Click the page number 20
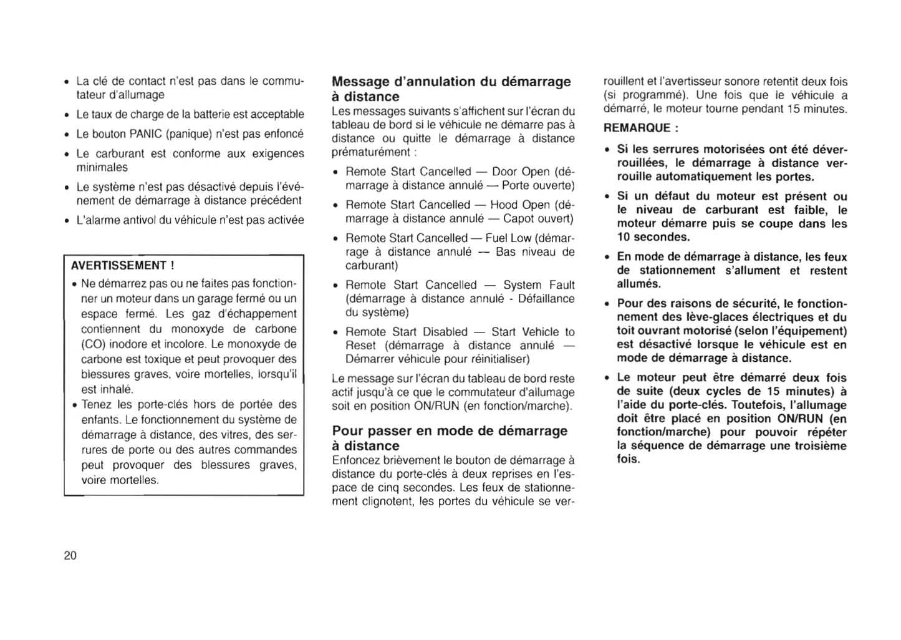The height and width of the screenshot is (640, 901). pos(70,556)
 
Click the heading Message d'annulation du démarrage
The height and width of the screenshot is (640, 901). pos(451,82)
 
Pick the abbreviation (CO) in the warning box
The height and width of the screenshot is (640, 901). pos(93,344)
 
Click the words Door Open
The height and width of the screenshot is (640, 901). pos(521,172)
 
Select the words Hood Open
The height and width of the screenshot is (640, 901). pos(520,205)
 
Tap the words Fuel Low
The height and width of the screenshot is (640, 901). pos(508,238)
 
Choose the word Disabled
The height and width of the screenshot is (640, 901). pos(445,332)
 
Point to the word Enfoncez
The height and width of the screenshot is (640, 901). pos(356,460)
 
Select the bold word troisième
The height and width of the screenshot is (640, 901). pos(819,445)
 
